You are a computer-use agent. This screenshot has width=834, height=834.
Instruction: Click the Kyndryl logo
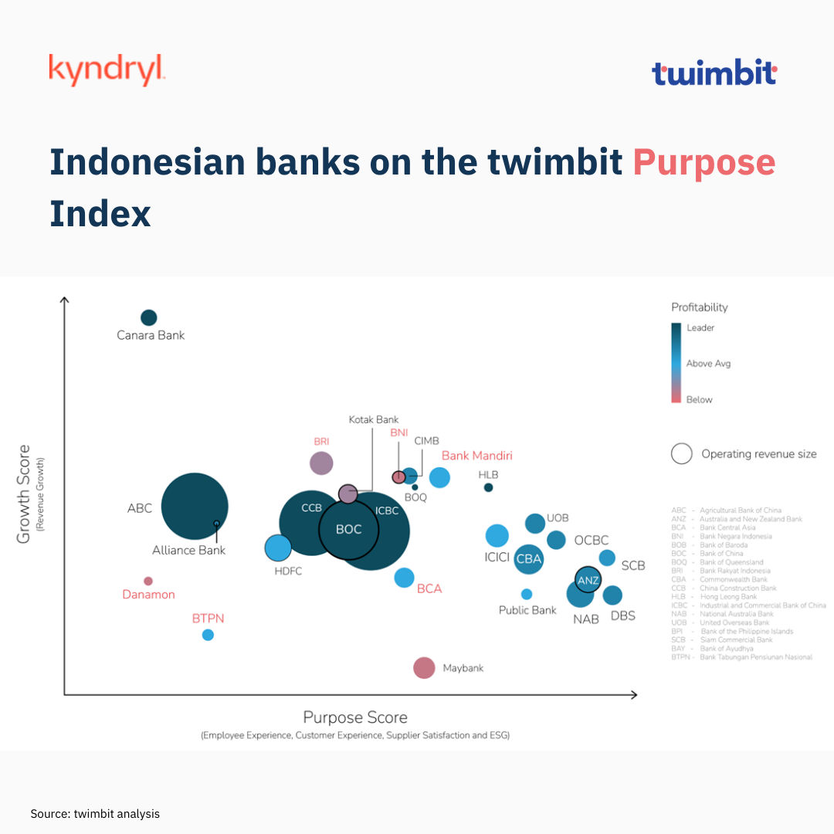pyautogui.click(x=107, y=69)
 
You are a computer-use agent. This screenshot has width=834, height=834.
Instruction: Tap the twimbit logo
pyautogui.click(x=714, y=73)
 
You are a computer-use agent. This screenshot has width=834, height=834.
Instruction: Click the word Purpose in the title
pyautogui.click(x=703, y=162)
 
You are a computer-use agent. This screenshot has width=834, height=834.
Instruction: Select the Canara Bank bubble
pyautogui.click(x=149, y=317)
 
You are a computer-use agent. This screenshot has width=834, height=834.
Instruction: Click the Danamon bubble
pyautogui.click(x=148, y=581)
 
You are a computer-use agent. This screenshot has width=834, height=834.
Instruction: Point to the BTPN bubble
pyautogui.click(x=208, y=635)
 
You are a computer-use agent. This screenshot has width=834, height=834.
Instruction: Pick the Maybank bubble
pyautogui.click(x=424, y=668)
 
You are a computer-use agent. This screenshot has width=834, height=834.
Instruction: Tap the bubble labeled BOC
pyautogui.click(x=350, y=529)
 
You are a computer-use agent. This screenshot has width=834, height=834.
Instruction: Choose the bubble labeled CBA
pyautogui.click(x=529, y=559)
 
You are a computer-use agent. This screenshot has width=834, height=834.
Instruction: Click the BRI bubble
pyautogui.click(x=321, y=463)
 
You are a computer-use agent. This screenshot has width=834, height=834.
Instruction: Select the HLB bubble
pyautogui.click(x=488, y=487)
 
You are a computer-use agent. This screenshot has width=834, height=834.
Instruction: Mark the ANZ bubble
pyautogui.click(x=588, y=579)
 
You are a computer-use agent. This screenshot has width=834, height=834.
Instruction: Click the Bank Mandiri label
pyautogui.click(x=476, y=456)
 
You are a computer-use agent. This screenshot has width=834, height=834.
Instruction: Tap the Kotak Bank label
pyautogui.click(x=373, y=419)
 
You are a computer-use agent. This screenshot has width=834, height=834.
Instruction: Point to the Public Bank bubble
pyautogui.click(x=527, y=594)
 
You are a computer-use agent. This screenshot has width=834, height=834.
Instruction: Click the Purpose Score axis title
pyautogui.click(x=354, y=717)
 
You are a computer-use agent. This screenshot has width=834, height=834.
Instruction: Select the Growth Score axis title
pyautogui.click(x=24, y=493)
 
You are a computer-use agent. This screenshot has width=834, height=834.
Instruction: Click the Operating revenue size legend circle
pyautogui.click(x=681, y=453)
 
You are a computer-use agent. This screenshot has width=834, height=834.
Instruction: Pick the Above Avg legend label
pyautogui.click(x=707, y=363)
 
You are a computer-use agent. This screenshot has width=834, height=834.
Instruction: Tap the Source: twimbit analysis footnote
pyautogui.click(x=95, y=814)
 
